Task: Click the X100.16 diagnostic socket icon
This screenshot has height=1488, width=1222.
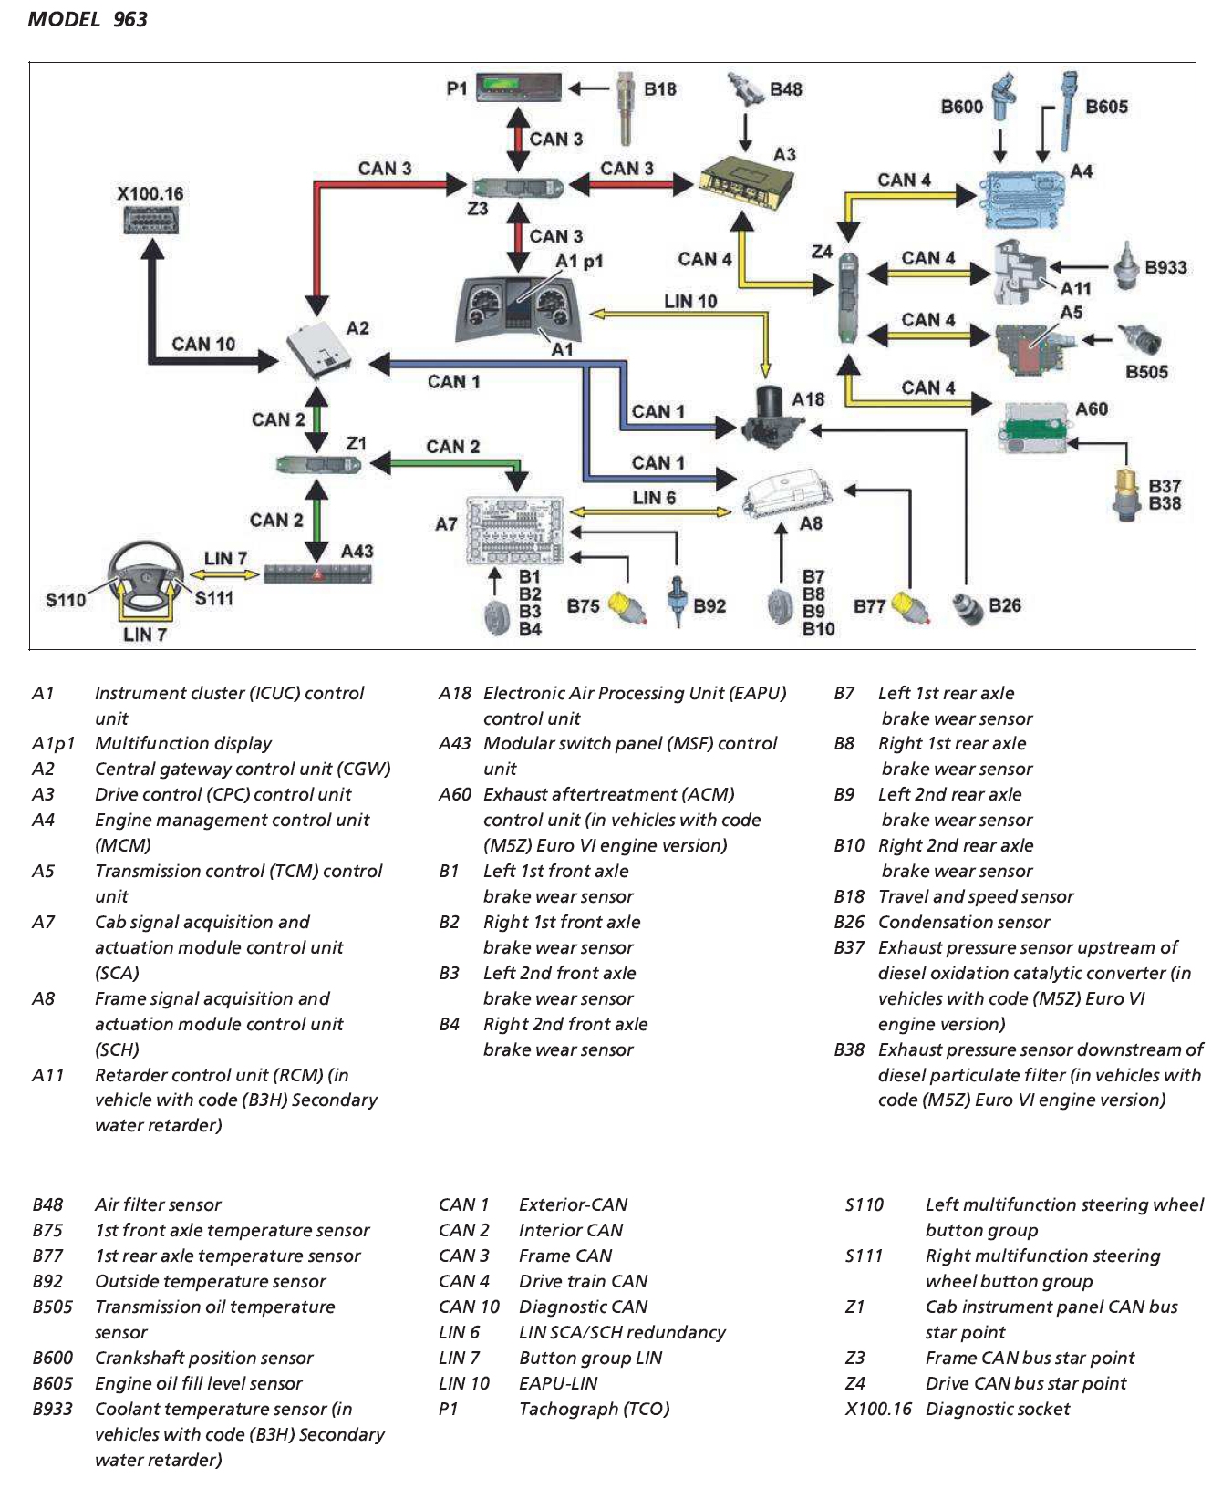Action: pyautogui.click(x=150, y=221)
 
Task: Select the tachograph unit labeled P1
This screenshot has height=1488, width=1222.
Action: pyautogui.click(x=518, y=88)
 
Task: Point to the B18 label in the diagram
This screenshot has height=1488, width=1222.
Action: pyautogui.click(x=659, y=89)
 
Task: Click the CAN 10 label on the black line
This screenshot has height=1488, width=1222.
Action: pyautogui.click(x=202, y=344)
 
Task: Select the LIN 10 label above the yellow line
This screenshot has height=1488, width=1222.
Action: pyautogui.click(x=689, y=301)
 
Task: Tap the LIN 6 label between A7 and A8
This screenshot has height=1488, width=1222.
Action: pyautogui.click(x=653, y=498)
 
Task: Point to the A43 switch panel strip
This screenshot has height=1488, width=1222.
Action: pyautogui.click(x=317, y=574)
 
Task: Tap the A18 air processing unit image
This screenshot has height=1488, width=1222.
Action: pyautogui.click(x=772, y=418)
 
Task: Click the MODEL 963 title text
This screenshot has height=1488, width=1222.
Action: pyautogui.click(x=88, y=19)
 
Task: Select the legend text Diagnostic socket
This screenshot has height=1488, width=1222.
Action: pyautogui.click(x=997, y=1409)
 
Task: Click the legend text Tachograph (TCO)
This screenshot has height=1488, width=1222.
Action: pyautogui.click(x=594, y=1409)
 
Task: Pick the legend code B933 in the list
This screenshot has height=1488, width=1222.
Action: pyautogui.click(x=52, y=1409)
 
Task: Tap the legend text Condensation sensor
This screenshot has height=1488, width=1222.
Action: pyautogui.click(x=963, y=922)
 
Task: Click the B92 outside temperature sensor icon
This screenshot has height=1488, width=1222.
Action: pyautogui.click(x=677, y=599)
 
